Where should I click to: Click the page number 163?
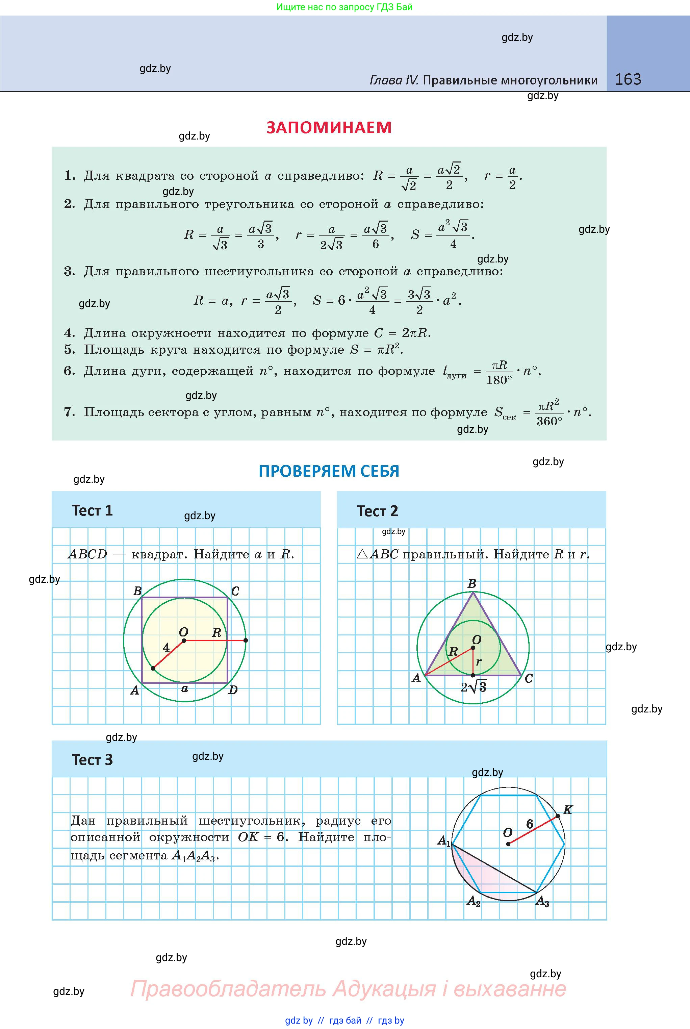[628, 79]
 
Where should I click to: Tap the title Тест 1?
[93, 510]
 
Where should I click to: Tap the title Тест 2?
[377, 511]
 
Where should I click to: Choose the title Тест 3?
[93, 760]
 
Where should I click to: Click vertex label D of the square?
[233, 690]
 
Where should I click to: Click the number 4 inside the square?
[166, 647]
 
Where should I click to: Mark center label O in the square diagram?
[183, 632]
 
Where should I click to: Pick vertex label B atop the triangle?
[472, 584]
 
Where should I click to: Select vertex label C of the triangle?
[529, 679]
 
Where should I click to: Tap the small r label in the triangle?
[479, 661]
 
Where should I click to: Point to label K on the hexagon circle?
[568, 810]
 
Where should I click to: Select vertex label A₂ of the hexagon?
[474, 901]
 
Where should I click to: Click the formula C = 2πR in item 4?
[402, 333]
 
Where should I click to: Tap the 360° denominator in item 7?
[549, 421]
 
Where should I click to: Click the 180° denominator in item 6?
[499, 380]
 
